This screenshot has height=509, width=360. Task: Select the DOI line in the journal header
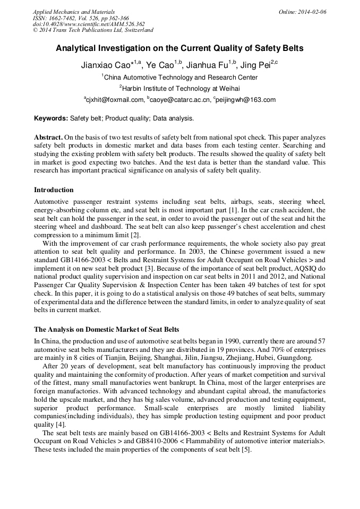(89, 24)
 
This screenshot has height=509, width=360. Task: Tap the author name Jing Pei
(254, 65)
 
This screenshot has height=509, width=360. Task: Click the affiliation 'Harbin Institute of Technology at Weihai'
(182, 88)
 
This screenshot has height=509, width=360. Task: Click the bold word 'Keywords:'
(51, 118)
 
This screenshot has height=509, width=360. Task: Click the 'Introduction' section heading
(54, 190)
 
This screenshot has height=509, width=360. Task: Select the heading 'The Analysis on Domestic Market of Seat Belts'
(107, 330)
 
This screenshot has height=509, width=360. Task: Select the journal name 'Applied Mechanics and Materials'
(74, 11)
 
